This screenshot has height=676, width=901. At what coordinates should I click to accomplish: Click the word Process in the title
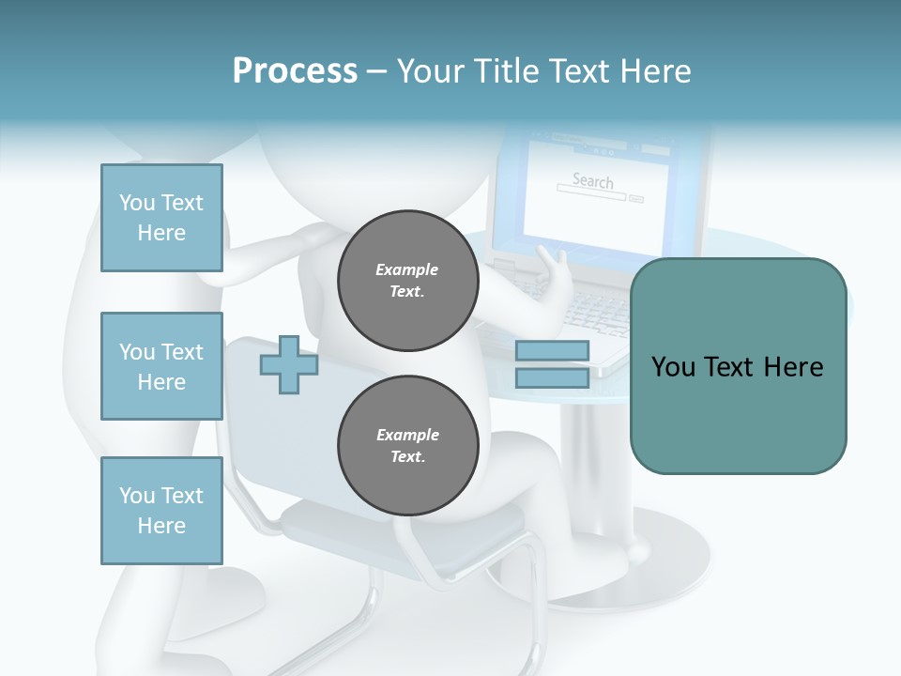(x=295, y=71)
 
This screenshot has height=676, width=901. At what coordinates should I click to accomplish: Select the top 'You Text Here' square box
(x=161, y=218)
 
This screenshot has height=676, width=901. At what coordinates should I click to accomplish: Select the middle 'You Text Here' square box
(x=161, y=366)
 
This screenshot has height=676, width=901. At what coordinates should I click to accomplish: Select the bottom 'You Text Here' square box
(x=161, y=510)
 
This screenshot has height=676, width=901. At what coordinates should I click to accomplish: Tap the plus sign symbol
(x=288, y=365)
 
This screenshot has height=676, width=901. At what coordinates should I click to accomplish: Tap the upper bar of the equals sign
(x=552, y=351)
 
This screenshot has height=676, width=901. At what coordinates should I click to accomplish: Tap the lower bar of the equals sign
(x=552, y=378)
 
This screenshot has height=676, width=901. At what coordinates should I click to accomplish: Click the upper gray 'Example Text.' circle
(x=407, y=280)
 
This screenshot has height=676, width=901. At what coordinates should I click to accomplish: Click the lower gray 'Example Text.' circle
(x=407, y=445)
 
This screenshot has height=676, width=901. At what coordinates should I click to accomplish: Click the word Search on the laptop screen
(x=592, y=180)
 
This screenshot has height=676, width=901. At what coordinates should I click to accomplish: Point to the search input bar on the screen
(x=590, y=195)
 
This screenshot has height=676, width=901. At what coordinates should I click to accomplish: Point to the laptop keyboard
(x=601, y=310)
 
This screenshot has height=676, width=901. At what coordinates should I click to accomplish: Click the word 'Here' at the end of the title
(x=658, y=71)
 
